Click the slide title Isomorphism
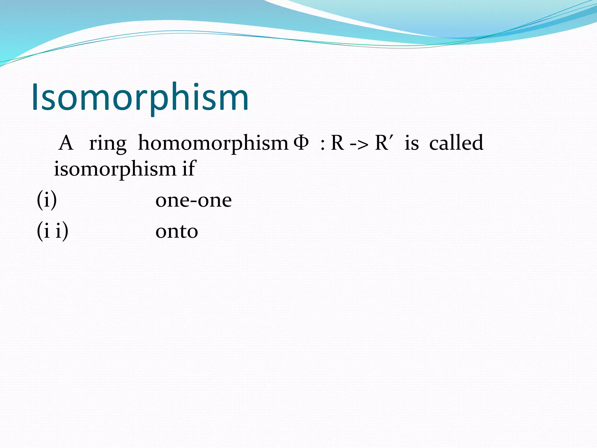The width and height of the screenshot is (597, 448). [140, 98]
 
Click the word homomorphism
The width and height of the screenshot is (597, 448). [213, 143]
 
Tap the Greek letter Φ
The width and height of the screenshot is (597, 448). [301, 143]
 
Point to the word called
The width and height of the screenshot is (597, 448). [456, 143]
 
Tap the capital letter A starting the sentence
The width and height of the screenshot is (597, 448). [66, 143]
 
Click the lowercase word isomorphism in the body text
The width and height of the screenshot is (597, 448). [115, 169]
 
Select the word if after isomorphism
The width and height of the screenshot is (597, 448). [188, 168]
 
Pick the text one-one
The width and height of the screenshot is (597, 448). [194, 201]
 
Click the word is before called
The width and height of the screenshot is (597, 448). [412, 143]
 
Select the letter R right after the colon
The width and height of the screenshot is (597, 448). [337, 143]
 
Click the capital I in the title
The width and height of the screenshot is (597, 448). [36, 97]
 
